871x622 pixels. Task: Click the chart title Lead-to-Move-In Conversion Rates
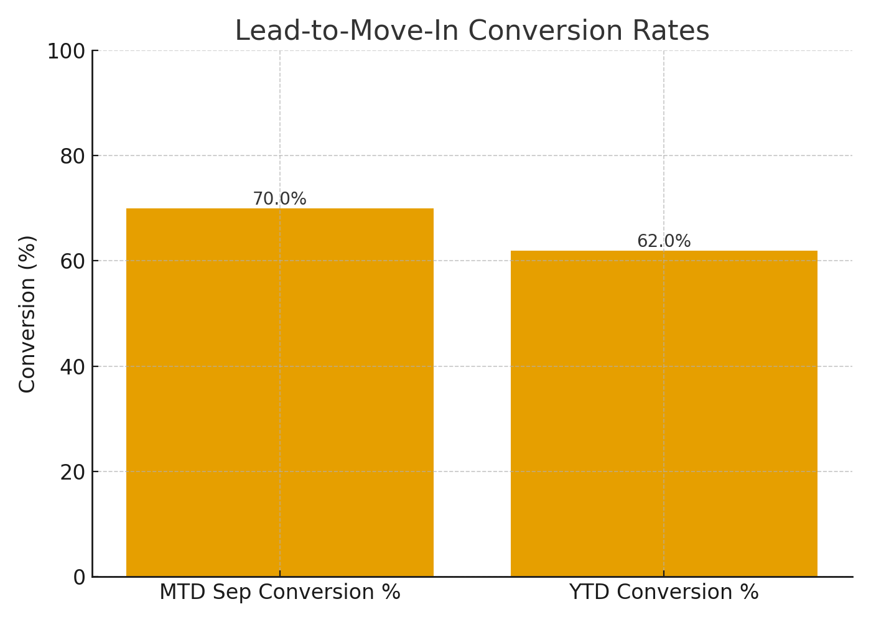click(x=472, y=31)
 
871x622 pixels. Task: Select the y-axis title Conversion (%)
click(x=27, y=313)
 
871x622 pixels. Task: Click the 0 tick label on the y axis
click(x=79, y=577)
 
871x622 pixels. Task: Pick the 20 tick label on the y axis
click(x=73, y=472)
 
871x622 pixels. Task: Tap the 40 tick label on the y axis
click(x=73, y=367)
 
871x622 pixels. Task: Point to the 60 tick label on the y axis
click(x=73, y=261)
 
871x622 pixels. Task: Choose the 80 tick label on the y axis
click(x=73, y=156)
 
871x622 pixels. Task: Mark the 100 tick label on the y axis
click(x=67, y=51)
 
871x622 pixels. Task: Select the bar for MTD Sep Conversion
click(x=280, y=392)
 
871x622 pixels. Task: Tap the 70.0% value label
click(x=280, y=199)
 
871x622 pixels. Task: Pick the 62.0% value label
click(x=664, y=241)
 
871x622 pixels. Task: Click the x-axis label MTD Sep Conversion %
click(x=280, y=592)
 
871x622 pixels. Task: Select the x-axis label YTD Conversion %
click(x=664, y=592)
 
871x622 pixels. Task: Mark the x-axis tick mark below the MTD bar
click(x=280, y=573)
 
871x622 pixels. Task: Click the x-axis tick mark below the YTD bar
click(x=664, y=573)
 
